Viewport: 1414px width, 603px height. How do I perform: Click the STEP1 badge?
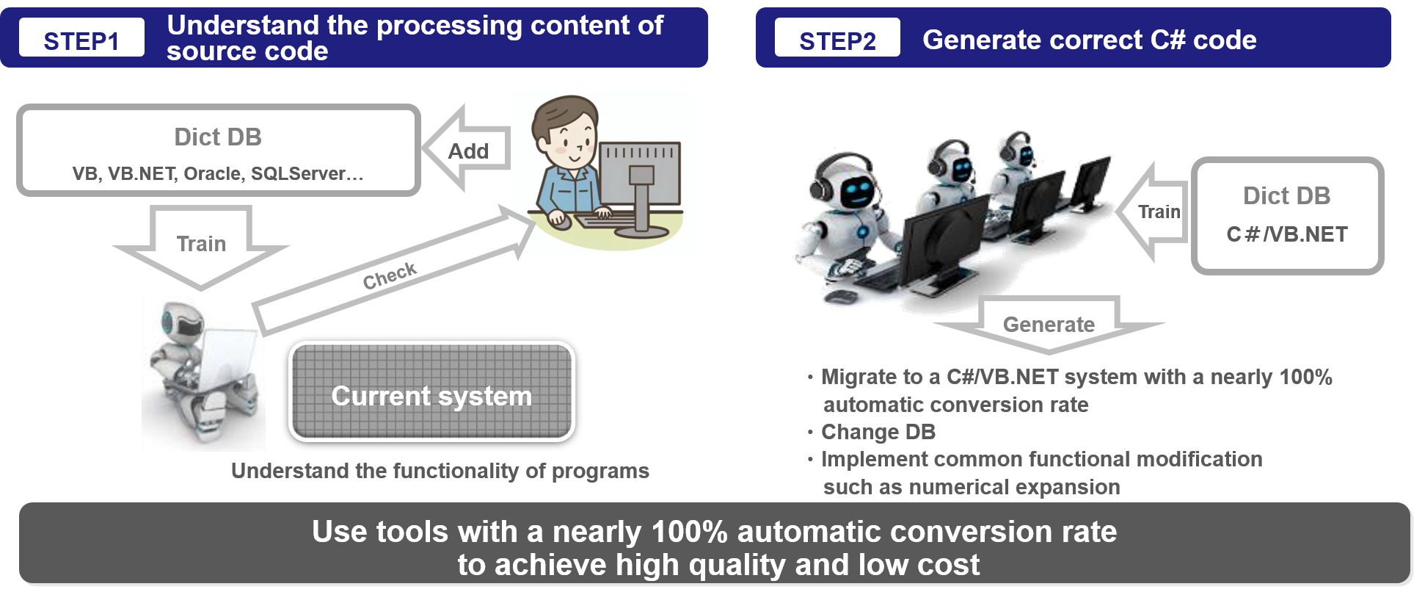click(81, 38)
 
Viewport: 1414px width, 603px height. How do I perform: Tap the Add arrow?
click(467, 150)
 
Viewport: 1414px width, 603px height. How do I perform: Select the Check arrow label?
click(390, 275)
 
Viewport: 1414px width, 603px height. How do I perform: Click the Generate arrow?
click(1049, 325)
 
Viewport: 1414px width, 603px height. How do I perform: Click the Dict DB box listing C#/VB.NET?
click(1287, 215)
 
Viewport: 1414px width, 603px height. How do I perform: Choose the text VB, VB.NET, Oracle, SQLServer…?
click(217, 174)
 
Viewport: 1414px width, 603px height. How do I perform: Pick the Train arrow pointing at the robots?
click(1157, 212)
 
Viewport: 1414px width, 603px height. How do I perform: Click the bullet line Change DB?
click(878, 432)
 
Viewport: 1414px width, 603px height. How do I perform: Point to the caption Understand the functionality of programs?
click(440, 471)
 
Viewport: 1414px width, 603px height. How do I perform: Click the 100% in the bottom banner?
click(689, 532)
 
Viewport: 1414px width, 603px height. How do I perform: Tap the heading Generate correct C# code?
click(1089, 40)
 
